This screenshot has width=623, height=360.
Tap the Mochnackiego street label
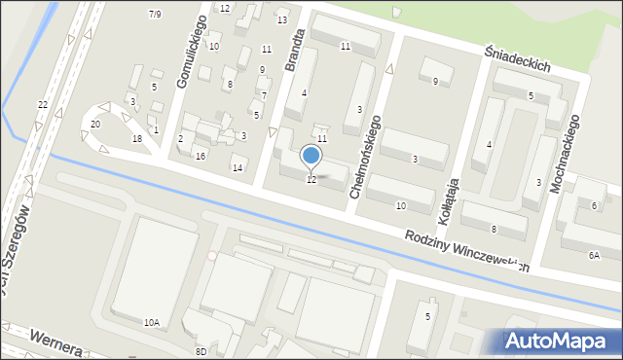pyautogui.click(x=566, y=151)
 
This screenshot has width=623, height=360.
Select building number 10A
pyautogui.click(x=151, y=322)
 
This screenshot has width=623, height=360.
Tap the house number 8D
pyautogui.click(x=201, y=350)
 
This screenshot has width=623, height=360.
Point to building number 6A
pyautogui.click(x=594, y=255)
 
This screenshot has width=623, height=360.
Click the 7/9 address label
pyautogui.click(x=155, y=14)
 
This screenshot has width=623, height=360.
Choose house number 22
pyautogui.click(x=42, y=104)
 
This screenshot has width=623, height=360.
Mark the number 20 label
pyautogui.click(x=94, y=124)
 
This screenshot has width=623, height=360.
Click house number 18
pyautogui.click(x=137, y=139)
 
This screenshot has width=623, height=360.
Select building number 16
pyautogui.click(x=200, y=156)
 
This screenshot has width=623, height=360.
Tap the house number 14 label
pyautogui.click(x=237, y=168)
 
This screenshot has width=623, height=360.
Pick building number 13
pyautogui.click(x=282, y=19)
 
